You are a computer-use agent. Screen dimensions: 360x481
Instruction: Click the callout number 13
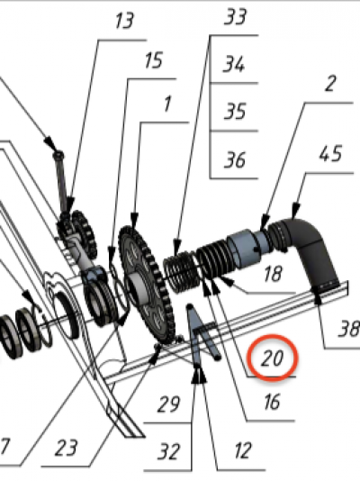click(x=124, y=22)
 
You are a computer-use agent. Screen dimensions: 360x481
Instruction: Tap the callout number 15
click(x=153, y=60)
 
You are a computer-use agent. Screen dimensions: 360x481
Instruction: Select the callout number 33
click(x=235, y=17)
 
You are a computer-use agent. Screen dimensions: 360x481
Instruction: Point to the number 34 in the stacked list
click(x=234, y=64)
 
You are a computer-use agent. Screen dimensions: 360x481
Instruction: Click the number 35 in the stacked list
click(x=235, y=112)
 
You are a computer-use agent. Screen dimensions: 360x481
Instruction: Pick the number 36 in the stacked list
click(x=235, y=159)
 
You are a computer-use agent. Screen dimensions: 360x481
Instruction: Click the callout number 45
click(x=330, y=154)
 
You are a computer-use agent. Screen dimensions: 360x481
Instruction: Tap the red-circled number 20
click(x=272, y=358)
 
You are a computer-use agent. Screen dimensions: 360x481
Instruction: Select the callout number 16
click(x=272, y=402)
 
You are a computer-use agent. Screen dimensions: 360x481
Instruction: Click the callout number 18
click(x=272, y=274)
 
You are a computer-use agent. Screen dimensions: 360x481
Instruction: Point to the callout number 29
click(x=168, y=404)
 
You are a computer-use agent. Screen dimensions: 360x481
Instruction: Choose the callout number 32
click(x=168, y=451)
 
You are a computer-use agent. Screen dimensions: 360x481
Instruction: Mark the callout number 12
click(x=243, y=450)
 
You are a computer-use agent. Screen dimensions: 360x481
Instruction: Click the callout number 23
click(x=66, y=449)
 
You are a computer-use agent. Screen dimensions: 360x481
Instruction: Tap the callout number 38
click(x=348, y=329)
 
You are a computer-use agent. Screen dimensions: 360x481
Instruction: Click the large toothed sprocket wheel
click(x=146, y=286)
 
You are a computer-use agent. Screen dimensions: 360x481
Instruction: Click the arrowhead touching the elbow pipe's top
click(x=294, y=211)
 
